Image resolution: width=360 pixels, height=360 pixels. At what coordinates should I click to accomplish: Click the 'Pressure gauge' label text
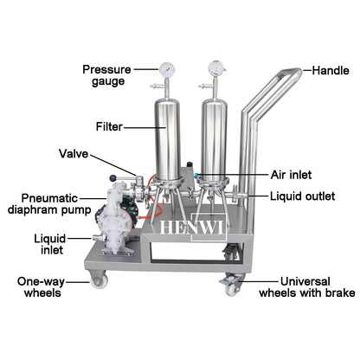pos(106,74)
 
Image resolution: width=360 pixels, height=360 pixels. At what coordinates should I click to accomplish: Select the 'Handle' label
pos(331,70)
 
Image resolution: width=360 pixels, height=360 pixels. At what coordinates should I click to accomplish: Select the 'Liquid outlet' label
pos(304,196)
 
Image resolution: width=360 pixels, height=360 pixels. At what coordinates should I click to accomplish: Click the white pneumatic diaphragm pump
pos(112,222)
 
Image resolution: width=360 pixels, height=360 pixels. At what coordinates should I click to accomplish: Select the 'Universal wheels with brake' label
pos(306,286)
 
